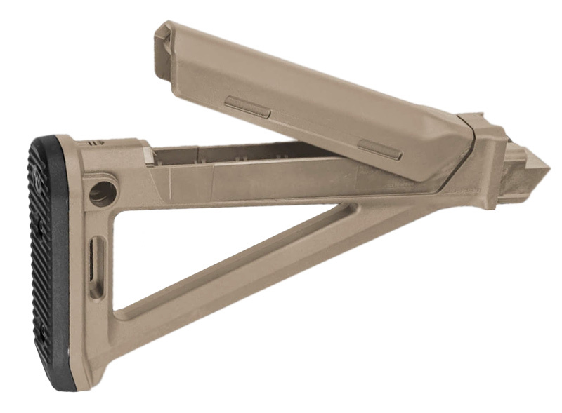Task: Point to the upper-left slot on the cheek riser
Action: [x=247, y=107]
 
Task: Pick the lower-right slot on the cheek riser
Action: [x=379, y=149]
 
